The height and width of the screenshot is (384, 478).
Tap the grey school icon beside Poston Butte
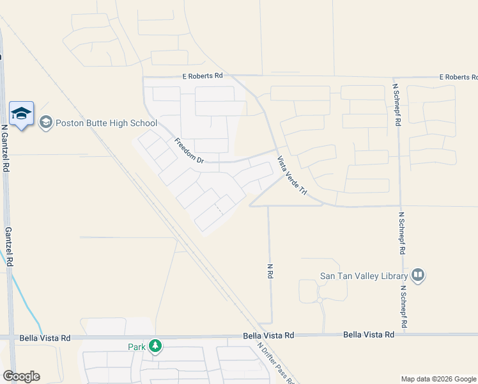coord(45,122)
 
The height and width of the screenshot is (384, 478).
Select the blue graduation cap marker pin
coord(22,114)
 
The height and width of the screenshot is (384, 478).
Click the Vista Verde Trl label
coord(292,176)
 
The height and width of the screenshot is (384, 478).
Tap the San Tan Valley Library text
coord(364,276)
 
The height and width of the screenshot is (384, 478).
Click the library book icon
coord(418,276)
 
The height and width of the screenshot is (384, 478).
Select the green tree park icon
coord(155,346)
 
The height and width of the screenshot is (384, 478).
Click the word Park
coord(136,347)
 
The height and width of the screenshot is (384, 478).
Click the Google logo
coord(21,376)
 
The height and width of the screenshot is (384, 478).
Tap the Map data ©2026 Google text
coord(438,379)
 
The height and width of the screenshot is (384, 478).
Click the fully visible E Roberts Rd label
coord(201,76)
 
